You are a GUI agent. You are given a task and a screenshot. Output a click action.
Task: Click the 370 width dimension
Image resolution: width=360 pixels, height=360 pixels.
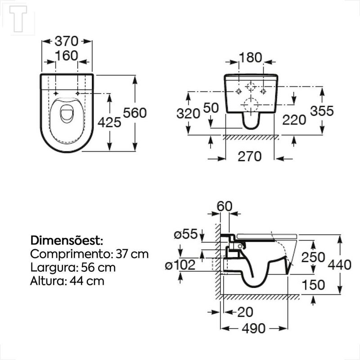click(x=67, y=41)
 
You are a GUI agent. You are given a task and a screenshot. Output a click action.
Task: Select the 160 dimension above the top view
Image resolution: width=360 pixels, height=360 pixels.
click(x=67, y=56)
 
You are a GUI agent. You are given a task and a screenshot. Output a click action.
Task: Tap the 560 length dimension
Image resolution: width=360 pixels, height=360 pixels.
click(x=135, y=113)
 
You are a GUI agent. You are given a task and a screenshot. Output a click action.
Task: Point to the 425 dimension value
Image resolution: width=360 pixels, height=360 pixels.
click(x=109, y=122)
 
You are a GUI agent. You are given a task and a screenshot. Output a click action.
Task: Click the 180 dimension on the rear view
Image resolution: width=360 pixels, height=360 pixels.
click(x=251, y=58)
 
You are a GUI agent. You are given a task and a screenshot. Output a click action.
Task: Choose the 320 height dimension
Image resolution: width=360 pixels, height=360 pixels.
click(x=188, y=113)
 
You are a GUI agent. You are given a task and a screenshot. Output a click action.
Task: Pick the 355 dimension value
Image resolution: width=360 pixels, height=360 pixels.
click(x=322, y=111)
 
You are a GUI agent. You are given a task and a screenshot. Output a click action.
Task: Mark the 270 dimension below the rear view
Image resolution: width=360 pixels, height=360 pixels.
click(x=250, y=157)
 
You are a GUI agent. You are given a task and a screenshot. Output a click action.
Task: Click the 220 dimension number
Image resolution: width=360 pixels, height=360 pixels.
click(x=294, y=120)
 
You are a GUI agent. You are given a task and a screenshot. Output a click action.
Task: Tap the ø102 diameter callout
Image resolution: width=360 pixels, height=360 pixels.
click(x=180, y=265)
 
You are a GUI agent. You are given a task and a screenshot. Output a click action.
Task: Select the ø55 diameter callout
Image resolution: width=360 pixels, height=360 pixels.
click(x=186, y=234)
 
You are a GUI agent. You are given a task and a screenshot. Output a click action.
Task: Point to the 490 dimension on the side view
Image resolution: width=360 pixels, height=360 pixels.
click(x=254, y=328)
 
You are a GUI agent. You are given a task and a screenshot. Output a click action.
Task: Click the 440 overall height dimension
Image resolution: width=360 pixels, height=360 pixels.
click(x=340, y=265)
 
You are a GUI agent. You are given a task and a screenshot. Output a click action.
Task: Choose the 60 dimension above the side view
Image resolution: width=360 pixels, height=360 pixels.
click(x=225, y=206)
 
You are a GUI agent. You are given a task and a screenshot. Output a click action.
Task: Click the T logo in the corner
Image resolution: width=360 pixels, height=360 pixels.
click(x=18, y=19)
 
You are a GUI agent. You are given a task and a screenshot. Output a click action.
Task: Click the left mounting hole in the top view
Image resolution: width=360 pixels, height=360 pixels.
click(x=56, y=93)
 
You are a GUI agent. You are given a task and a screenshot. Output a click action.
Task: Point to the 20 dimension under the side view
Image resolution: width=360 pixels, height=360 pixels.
click(x=245, y=312)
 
